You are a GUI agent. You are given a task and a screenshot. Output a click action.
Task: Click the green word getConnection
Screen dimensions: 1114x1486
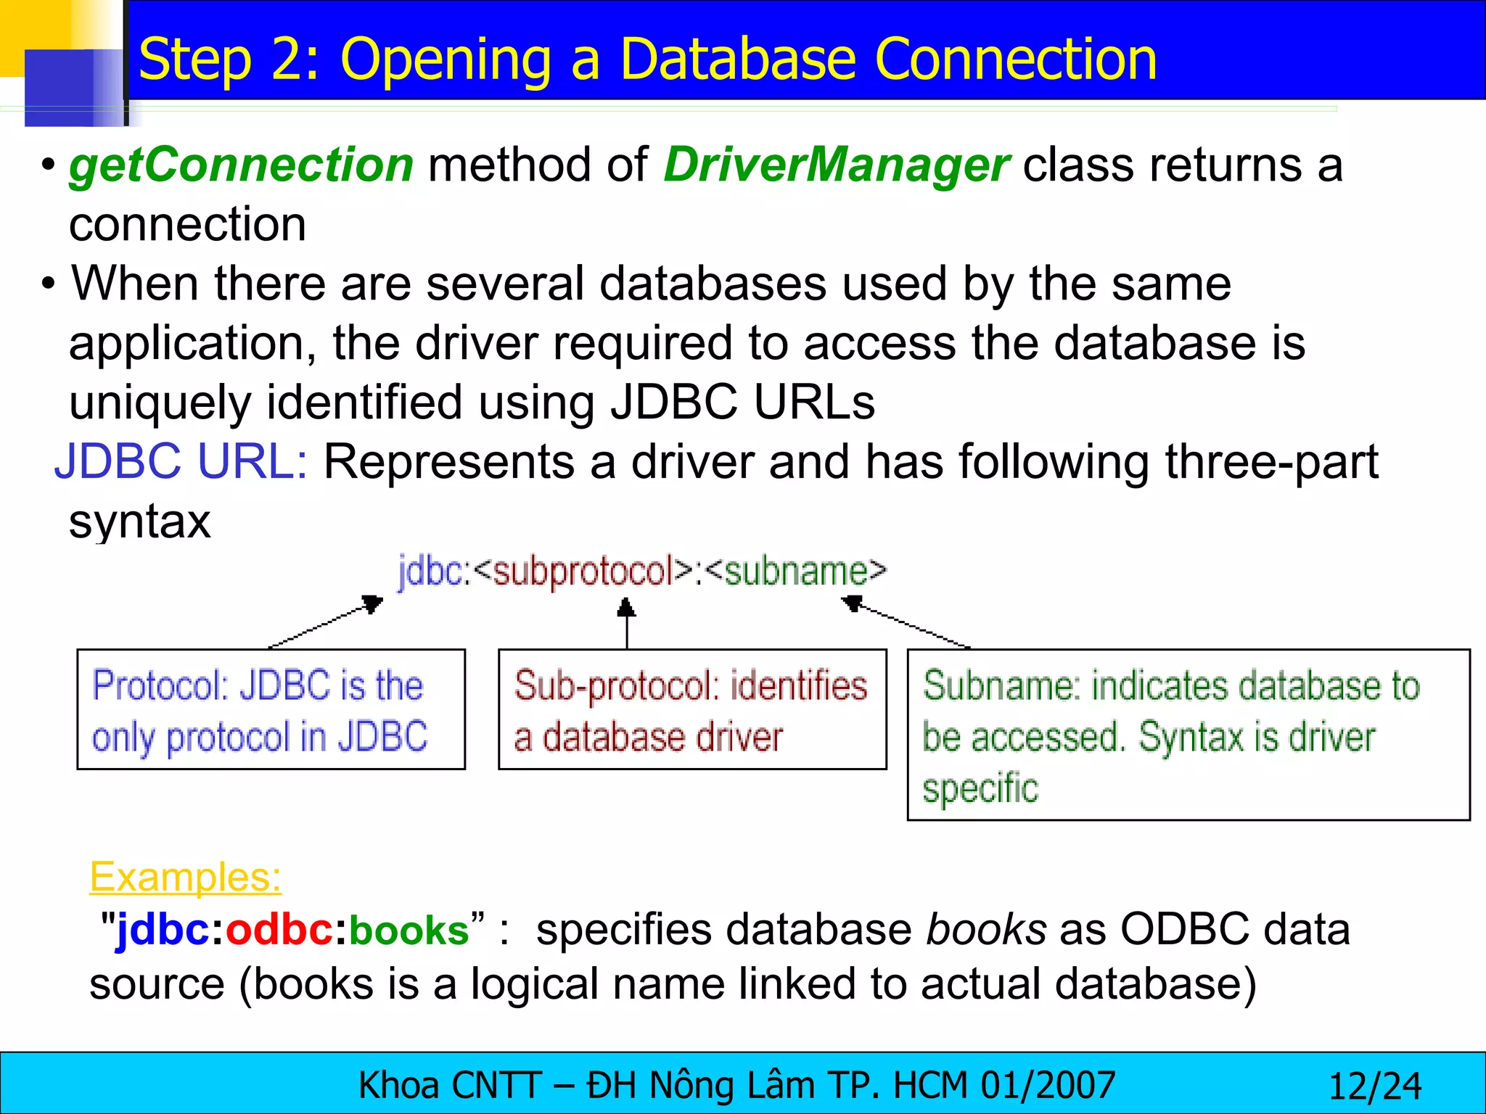[x=241, y=165]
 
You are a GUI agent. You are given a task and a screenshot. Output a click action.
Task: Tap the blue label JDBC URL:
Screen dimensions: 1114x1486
[x=181, y=461]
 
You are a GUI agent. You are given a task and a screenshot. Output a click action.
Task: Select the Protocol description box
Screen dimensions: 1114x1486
[x=271, y=709]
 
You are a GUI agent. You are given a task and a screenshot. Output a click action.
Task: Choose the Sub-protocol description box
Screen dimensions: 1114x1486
[x=692, y=709]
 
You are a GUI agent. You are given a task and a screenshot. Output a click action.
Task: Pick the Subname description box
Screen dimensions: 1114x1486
[x=1189, y=735]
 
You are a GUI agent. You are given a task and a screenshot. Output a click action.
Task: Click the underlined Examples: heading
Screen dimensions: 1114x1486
[x=185, y=877]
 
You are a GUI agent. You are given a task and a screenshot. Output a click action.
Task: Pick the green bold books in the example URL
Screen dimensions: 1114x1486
[x=409, y=931]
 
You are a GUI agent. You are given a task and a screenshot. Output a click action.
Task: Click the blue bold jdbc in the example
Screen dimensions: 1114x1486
[x=163, y=931]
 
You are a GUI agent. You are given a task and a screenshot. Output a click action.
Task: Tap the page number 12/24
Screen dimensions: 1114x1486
[x=1374, y=1086]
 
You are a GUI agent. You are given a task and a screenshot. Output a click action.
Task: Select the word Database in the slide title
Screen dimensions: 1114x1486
[x=739, y=59]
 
